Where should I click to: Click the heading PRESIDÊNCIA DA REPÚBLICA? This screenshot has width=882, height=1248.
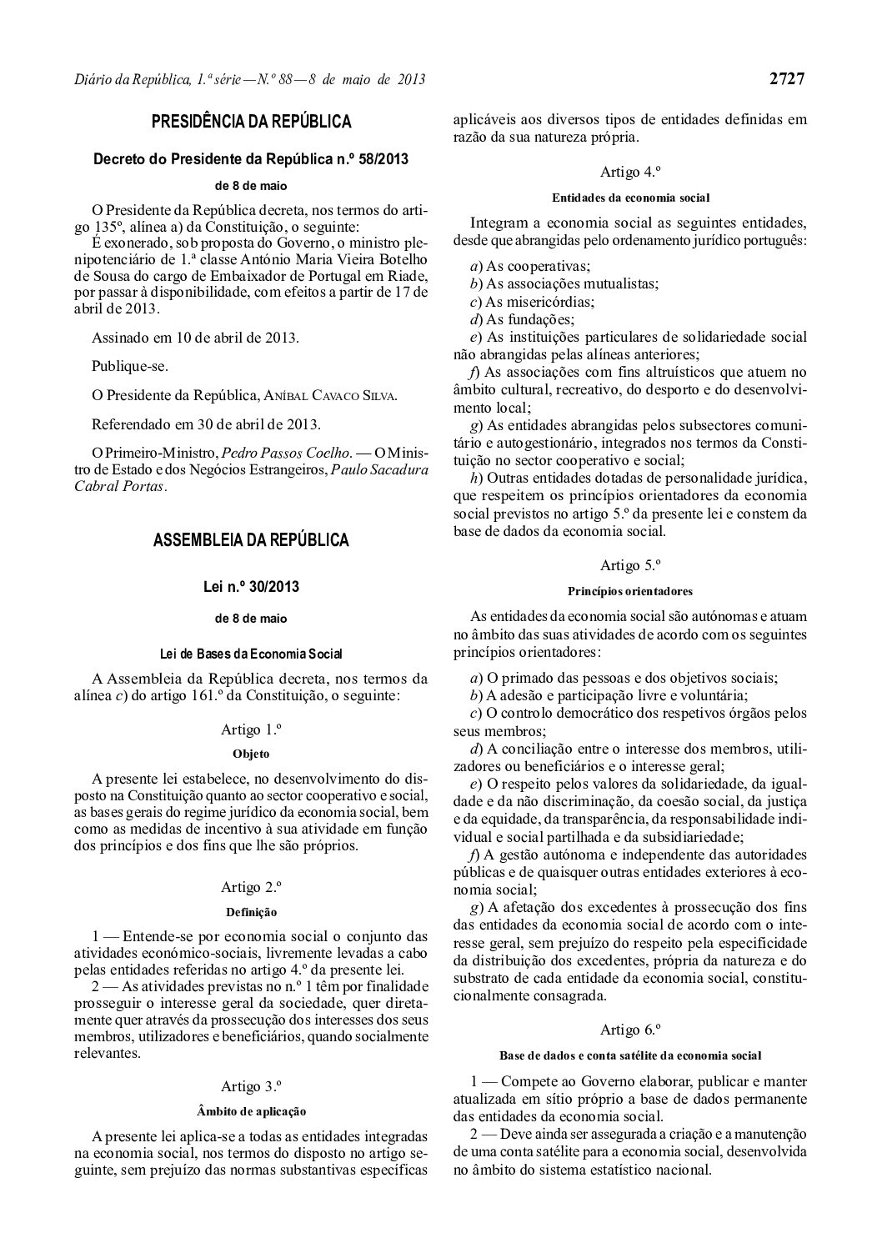pyautogui.click(x=251, y=123)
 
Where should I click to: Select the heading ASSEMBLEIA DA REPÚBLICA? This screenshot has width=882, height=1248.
pyautogui.click(x=251, y=540)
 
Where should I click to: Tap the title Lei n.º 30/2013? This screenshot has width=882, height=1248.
pyautogui.click(x=251, y=587)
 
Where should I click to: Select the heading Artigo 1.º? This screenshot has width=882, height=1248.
pyautogui.click(x=251, y=729)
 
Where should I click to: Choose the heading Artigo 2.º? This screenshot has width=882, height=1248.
pyautogui.click(x=251, y=886)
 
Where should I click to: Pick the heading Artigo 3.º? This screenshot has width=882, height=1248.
pyautogui.click(x=251, y=1085)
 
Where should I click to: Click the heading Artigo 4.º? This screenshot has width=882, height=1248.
pyautogui.click(x=630, y=173)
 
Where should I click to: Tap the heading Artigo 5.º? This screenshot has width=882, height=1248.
pyautogui.click(x=630, y=565)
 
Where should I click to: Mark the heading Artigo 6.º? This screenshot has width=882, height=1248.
pyautogui.click(x=630, y=1029)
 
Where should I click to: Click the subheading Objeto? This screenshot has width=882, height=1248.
pyautogui.click(x=251, y=754)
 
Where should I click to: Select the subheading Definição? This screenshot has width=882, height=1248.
pyautogui.click(x=251, y=911)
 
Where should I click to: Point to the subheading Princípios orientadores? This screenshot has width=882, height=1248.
pyautogui.click(x=630, y=591)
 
